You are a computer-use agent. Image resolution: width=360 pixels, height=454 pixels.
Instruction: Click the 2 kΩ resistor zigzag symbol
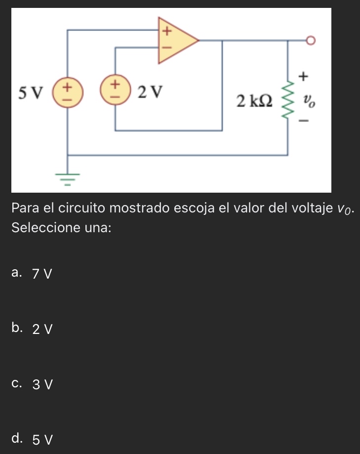point(288,102)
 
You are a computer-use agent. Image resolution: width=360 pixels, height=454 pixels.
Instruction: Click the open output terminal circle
point(310,40)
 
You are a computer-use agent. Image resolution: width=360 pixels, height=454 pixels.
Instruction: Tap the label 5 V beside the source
point(30,92)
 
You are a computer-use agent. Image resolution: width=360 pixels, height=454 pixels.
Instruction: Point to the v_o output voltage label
point(309,102)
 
